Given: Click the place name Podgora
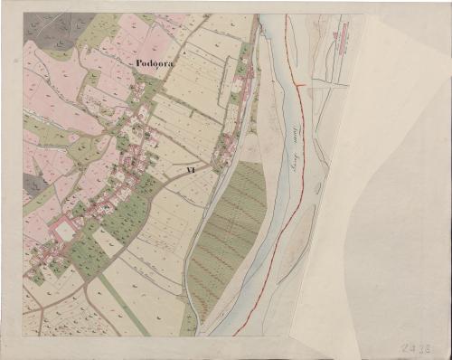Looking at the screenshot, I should point(155,62).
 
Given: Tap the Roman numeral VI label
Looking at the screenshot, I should point(191,169).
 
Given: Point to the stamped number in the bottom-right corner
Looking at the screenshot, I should point(414,346).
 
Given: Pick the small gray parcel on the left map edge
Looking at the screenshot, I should point(34,185).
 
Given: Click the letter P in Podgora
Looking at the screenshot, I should point(136,62).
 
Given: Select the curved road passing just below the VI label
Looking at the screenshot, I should point(181,181).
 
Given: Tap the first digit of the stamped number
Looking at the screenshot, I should point(400,346).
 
